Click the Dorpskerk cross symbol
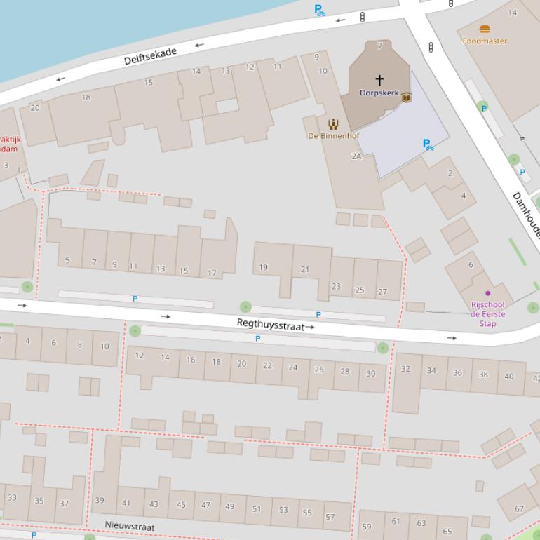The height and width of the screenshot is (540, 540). click(379, 80)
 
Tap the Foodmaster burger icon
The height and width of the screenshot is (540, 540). click(484, 29)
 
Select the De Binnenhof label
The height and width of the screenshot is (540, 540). click(332, 135)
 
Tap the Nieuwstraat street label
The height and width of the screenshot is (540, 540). click(130, 525)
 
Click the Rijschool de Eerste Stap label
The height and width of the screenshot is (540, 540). click(487, 314)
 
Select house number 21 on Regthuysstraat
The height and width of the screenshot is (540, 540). click(305, 269)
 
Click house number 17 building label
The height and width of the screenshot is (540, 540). click(212, 273)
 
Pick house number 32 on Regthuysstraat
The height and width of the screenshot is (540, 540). click(405, 369)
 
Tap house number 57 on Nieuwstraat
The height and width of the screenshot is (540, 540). click(330, 518)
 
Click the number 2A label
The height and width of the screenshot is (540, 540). click(356, 156)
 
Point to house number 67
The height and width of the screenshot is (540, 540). click(519, 508)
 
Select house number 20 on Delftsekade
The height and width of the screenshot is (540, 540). click(35, 107)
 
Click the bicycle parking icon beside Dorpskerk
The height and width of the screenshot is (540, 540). click(427, 144)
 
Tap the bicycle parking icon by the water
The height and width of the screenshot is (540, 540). click(320, 11)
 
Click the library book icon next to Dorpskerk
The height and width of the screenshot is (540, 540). click(406, 98)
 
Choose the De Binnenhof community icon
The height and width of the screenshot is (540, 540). click(333, 124)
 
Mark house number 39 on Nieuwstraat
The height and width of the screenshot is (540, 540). click(100, 500)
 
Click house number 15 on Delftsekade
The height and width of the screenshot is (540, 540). click(148, 83)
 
